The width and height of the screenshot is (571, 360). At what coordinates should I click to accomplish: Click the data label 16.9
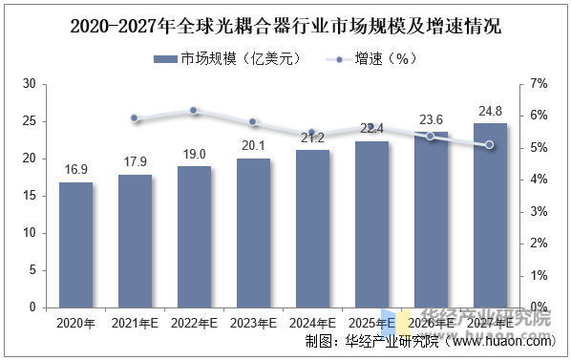(75, 170)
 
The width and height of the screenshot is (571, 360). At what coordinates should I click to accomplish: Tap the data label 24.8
(490, 112)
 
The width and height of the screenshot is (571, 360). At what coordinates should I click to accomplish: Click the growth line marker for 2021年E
(135, 118)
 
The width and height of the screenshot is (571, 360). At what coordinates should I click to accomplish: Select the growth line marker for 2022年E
(194, 111)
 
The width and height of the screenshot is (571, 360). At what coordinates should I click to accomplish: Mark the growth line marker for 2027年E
(490, 145)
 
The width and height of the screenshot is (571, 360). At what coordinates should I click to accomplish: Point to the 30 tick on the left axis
(29, 84)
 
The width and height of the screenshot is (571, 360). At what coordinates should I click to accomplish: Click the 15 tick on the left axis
(29, 196)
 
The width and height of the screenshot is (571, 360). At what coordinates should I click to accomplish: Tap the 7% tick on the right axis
(539, 84)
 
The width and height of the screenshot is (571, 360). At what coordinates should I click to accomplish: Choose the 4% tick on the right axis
(539, 180)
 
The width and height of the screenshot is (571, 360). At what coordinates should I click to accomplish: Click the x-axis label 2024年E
(312, 324)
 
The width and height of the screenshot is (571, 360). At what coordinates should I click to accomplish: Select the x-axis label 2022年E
(194, 324)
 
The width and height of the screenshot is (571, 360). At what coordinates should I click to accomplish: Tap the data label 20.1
(253, 146)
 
